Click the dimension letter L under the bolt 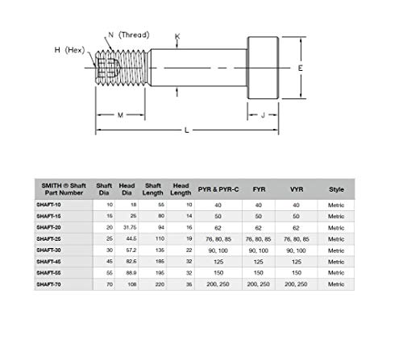coord(187,130)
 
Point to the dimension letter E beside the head coord(300,68)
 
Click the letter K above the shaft coord(177,38)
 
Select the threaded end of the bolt coord(122,68)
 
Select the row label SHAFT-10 coord(54,205)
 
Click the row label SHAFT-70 coord(54,284)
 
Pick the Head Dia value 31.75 coord(127,228)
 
